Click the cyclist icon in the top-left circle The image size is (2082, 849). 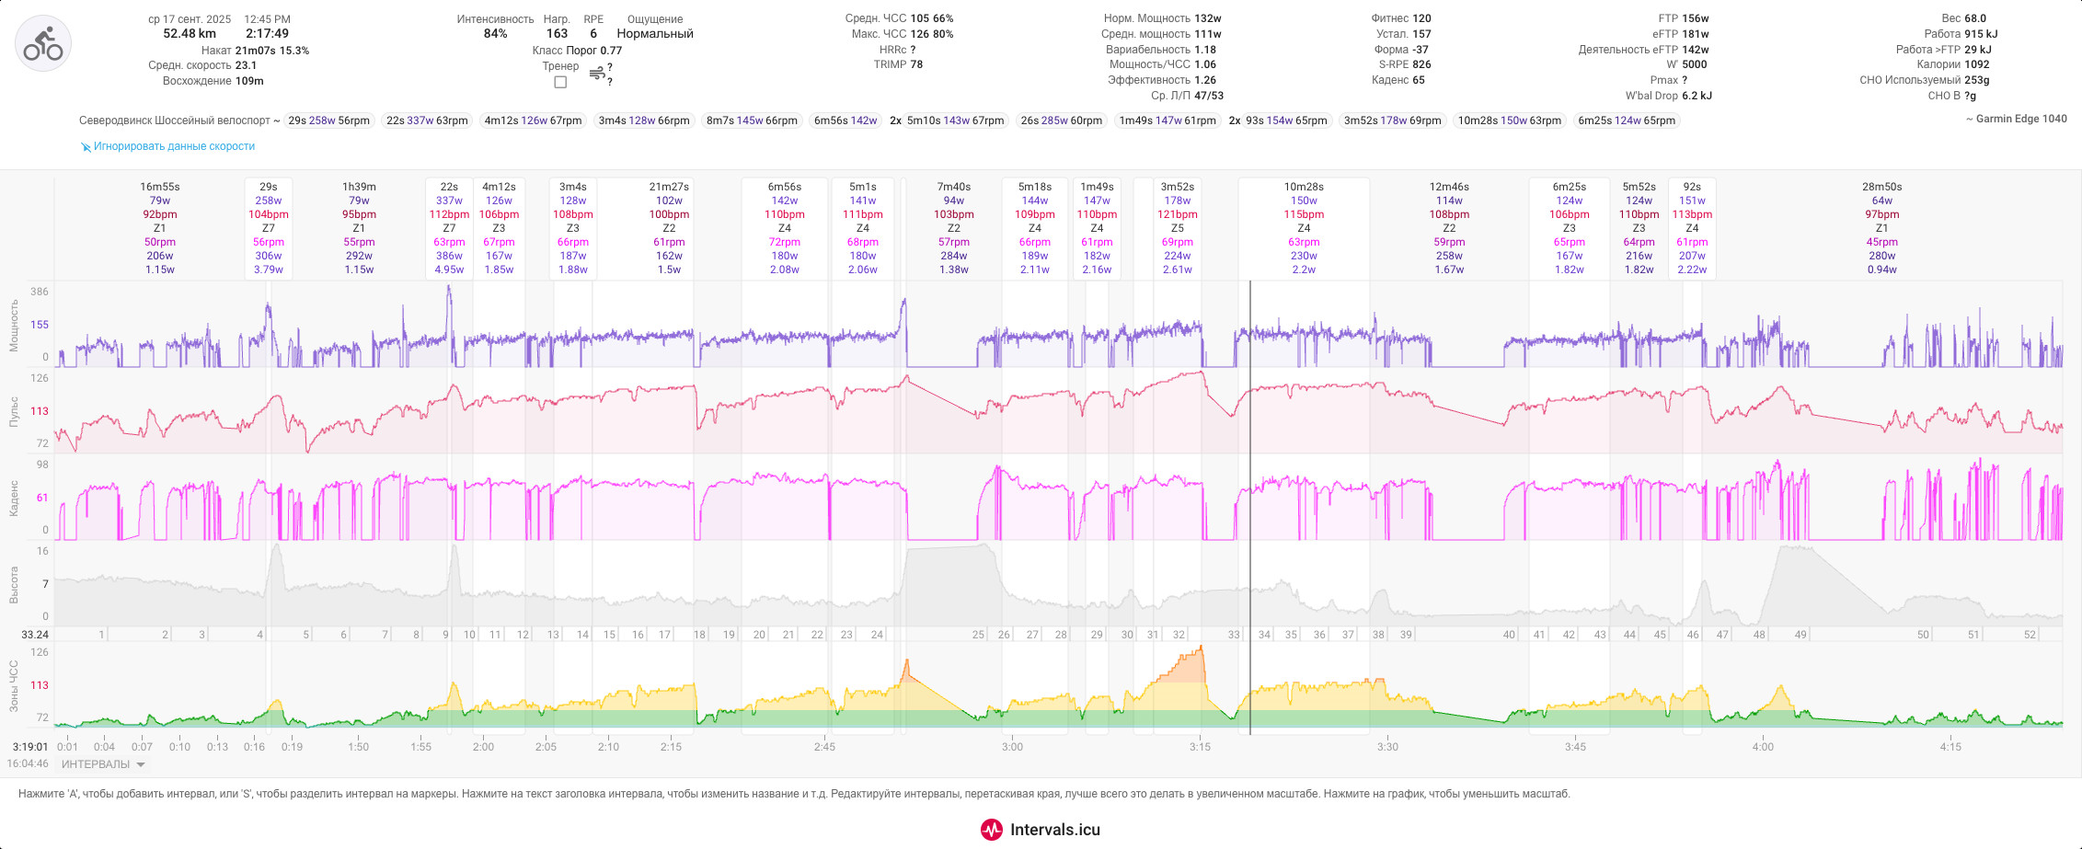coord(43,43)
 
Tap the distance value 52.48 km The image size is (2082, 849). coord(190,34)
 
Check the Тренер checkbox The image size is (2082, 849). coord(560,82)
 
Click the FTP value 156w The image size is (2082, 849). coord(1696,18)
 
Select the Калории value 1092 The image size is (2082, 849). coord(1977,64)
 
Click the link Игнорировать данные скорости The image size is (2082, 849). coord(174,146)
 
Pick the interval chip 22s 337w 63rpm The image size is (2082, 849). coord(427,120)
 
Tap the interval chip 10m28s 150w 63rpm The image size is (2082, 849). coord(1510,120)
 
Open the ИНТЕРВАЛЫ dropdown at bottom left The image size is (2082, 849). coord(103,764)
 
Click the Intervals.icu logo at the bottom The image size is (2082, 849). coord(1041,830)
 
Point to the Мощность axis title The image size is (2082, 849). coord(14,325)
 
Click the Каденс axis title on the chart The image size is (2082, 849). coord(14,498)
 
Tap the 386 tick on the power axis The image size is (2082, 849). coord(40,292)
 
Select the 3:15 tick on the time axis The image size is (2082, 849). coord(1200,747)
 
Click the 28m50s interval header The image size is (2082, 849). coord(1881,187)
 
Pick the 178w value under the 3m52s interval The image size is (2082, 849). coord(1178,201)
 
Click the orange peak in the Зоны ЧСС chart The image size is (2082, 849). coord(1201,649)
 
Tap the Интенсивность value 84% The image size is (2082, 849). coord(495,34)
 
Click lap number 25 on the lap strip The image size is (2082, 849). coord(978,635)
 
